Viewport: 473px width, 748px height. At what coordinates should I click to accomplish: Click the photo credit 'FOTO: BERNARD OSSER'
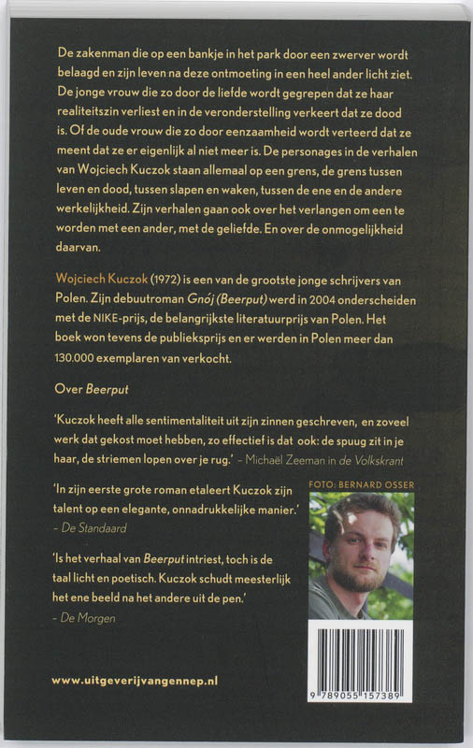pyautogui.click(x=362, y=484)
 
